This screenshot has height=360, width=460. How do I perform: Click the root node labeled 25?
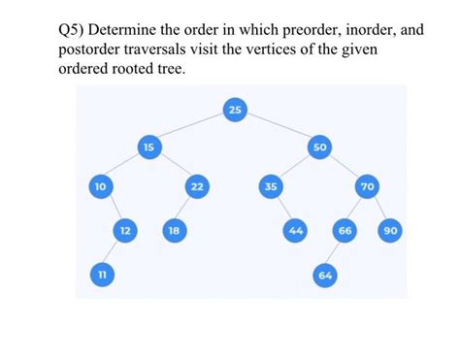(236, 111)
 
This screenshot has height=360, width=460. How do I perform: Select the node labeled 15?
(148, 147)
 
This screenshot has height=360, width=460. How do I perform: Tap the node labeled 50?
(320, 147)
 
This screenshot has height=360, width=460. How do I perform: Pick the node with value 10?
(100, 185)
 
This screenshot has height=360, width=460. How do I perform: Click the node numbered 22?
(197, 185)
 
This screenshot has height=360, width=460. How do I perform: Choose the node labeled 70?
(368, 185)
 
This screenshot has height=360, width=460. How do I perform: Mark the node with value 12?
(124, 230)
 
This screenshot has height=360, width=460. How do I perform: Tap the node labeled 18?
(174, 230)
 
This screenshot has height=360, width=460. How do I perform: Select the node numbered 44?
(295, 230)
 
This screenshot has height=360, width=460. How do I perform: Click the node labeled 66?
(344, 230)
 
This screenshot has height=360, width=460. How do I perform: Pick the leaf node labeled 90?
(392, 230)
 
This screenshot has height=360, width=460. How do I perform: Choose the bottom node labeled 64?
(324, 275)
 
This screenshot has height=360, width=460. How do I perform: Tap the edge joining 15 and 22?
(173, 166)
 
